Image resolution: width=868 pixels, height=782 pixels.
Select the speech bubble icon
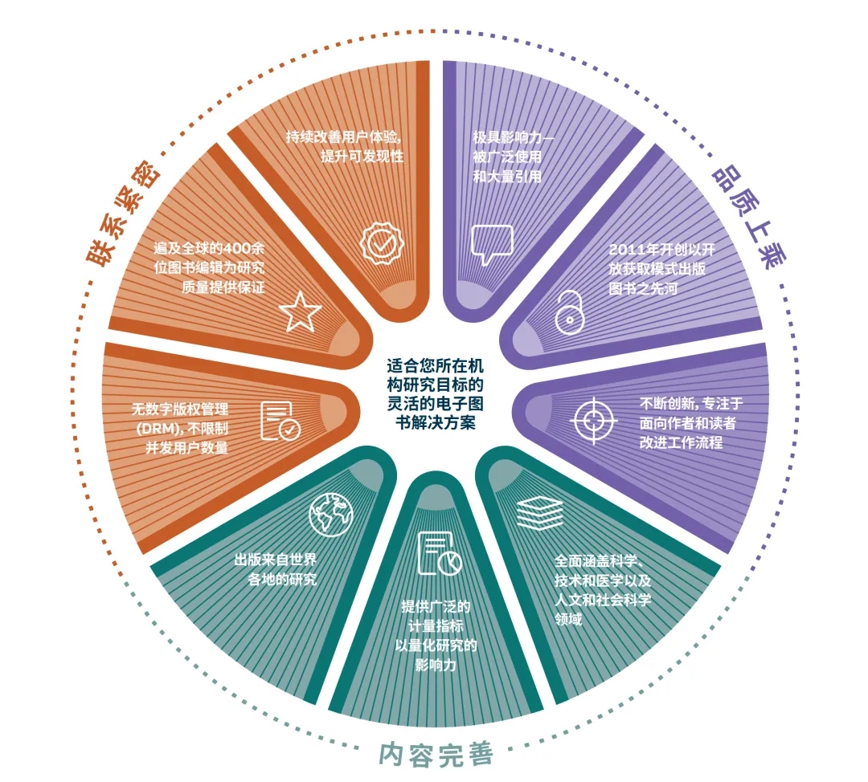pos(492,244)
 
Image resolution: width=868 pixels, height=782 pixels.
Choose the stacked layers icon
pos(539,513)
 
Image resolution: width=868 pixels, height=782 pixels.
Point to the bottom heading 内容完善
pos(435,754)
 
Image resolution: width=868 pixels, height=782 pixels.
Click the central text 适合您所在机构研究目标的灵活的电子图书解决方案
pos(435,393)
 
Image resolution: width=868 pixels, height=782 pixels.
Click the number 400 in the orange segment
pos(234,249)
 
